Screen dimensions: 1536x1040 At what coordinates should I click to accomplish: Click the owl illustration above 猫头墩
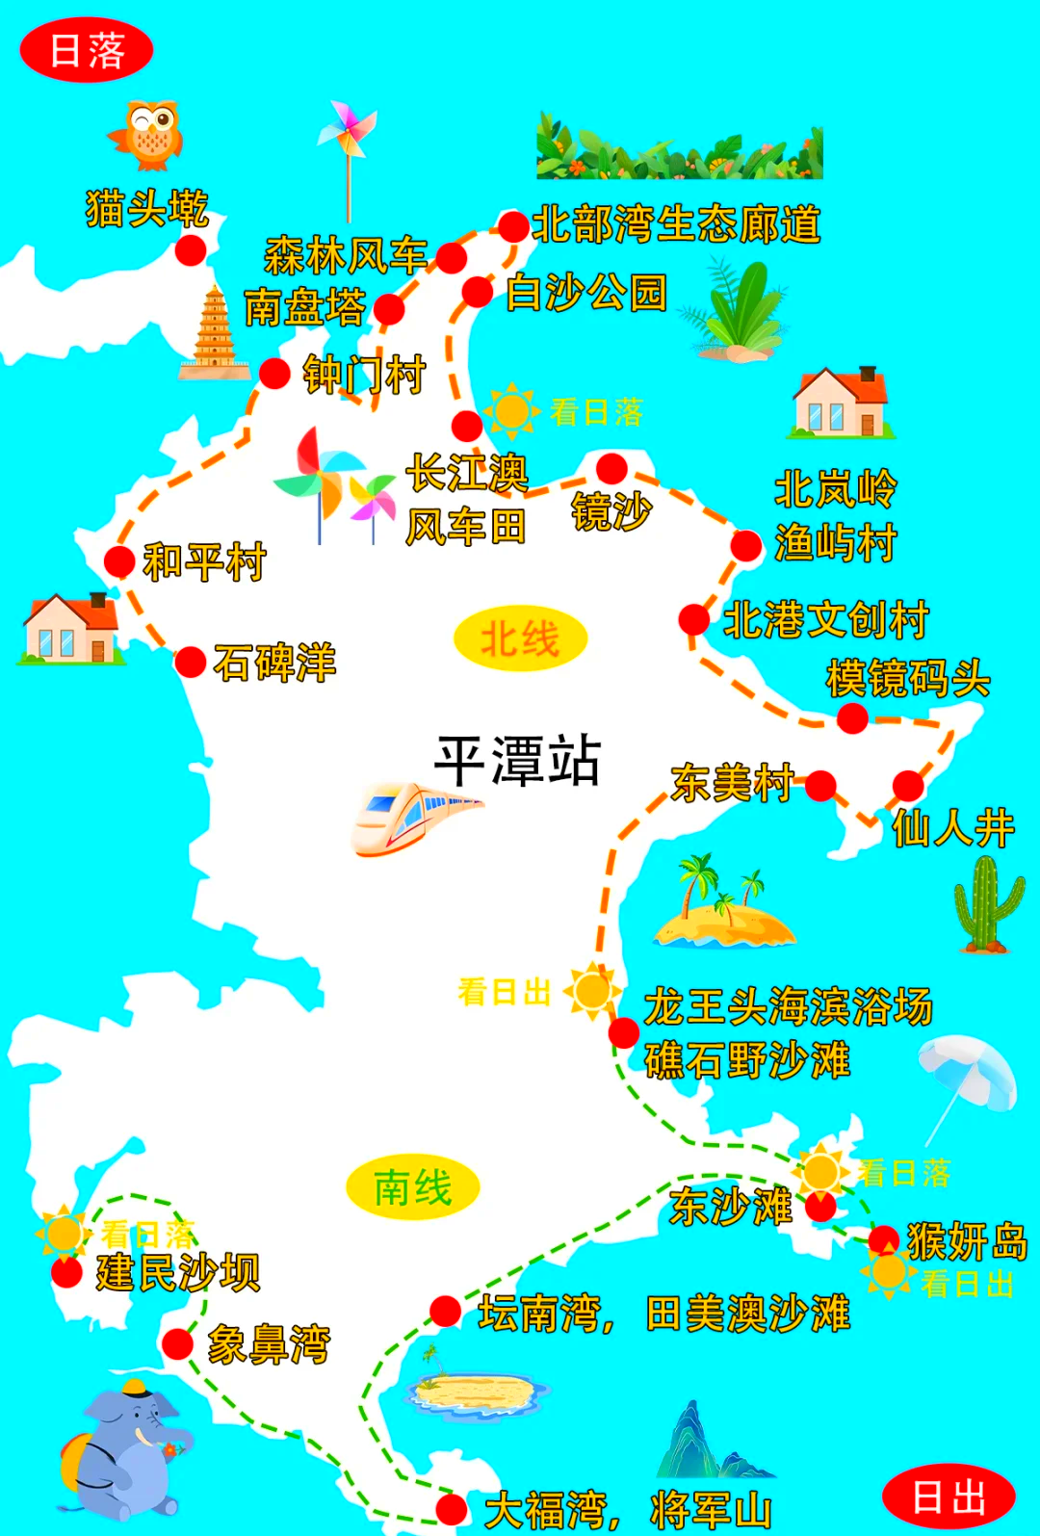(147, 135)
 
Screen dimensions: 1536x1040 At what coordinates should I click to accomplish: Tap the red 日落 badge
(87, 50)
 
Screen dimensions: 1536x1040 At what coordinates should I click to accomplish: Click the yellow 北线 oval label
(520, 638)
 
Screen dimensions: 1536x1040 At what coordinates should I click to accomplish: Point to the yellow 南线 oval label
(412, 1187)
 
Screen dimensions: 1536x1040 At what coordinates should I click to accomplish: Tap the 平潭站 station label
(518, 761)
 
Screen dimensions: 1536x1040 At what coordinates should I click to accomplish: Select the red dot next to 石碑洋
(190, 663)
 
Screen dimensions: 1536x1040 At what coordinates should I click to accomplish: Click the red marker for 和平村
(119, 560)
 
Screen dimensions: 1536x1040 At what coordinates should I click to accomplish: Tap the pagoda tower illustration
(215, 333)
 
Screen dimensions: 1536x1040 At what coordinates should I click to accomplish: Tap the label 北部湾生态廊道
(676, 224)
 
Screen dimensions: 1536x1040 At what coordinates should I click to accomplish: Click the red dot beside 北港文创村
(693, 619)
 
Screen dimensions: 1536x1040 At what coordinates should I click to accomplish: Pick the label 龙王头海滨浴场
(788, 1006)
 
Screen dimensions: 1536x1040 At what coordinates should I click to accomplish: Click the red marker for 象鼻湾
(178, 1344)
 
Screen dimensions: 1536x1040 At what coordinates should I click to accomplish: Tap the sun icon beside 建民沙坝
(64, 1233)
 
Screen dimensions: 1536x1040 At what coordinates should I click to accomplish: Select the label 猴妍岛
(967, 1240)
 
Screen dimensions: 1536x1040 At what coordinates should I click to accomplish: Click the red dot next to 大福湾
(451, 1508)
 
